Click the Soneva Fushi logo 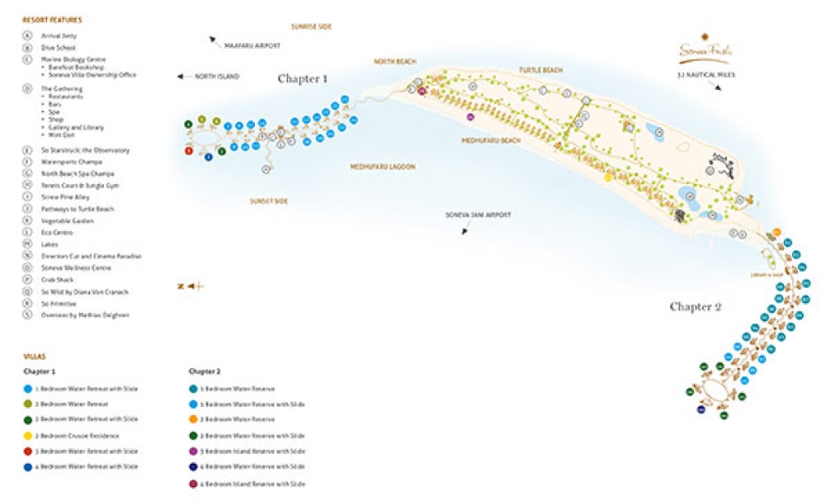704,52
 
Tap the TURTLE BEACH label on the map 540,71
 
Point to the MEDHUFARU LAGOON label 382,166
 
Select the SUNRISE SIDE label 312,27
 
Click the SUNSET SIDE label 269,200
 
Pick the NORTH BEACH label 395,62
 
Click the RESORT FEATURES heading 51,19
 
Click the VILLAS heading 34,356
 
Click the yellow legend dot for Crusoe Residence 28,435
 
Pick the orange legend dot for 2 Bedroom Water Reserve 193,419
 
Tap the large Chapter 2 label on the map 695,306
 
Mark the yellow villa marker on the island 608,178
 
